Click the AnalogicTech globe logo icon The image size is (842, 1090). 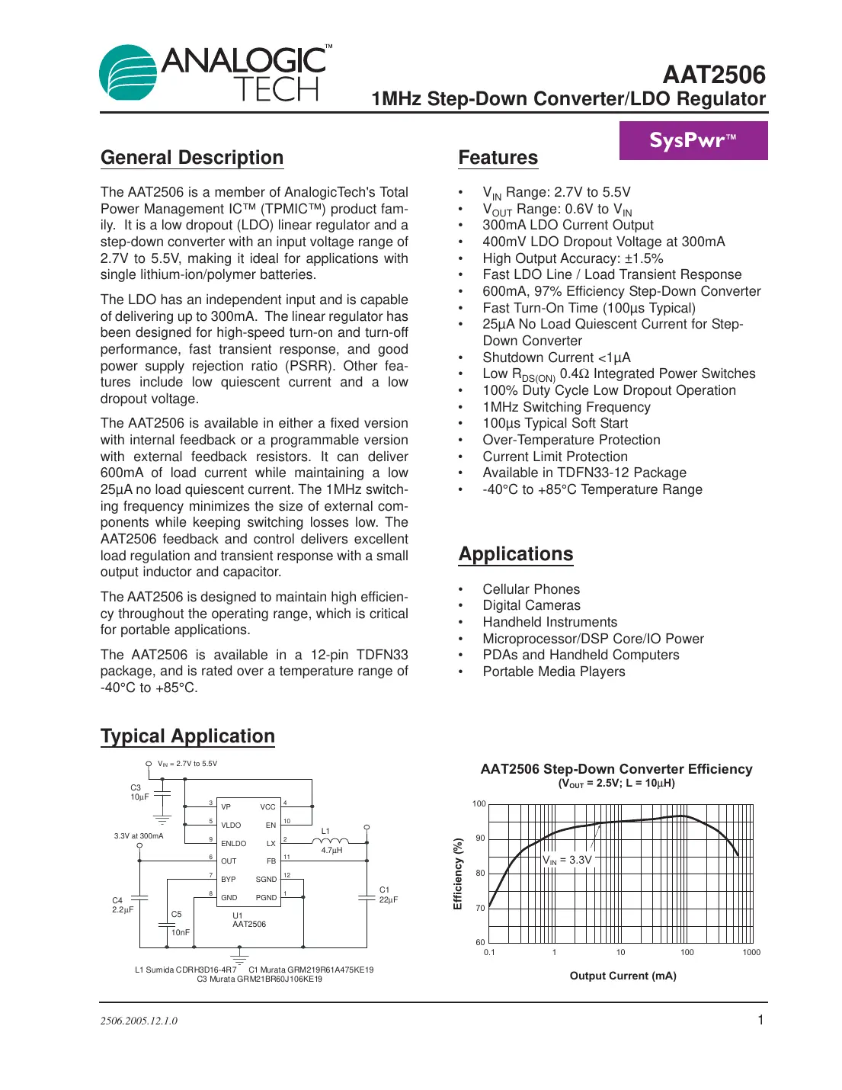click(128, 72)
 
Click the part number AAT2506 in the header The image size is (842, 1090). click(713, 75)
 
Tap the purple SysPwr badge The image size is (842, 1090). click(693, 141)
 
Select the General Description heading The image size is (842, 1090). click(192, 158)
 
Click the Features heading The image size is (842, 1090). click(498, 158)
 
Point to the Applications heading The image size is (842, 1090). click(516, 554)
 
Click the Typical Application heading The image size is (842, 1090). click(187, 736)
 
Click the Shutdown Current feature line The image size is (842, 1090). click(556, 357)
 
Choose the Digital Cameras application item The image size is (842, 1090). click(531, 605)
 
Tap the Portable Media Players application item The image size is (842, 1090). click(553, 672)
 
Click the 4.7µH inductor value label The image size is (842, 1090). click(331, 850)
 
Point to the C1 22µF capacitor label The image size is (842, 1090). click(388, 895)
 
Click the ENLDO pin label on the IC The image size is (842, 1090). click(233, 843)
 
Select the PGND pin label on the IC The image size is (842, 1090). click(266, 897)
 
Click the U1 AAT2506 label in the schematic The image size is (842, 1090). click(248, 920)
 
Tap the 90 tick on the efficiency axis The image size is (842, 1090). click(480, 838)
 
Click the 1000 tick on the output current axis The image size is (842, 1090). click(751, 952)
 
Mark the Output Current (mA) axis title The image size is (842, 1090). click(623, 976)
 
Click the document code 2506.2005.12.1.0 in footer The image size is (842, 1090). click(139, 1021)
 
